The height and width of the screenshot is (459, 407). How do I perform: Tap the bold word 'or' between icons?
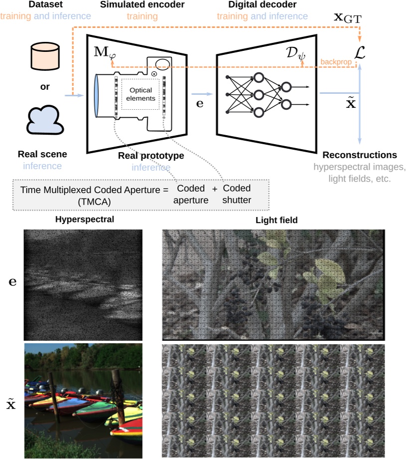point(45,87)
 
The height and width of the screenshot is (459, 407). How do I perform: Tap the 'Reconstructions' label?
point(360,155)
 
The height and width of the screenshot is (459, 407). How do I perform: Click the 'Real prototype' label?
point(151,156)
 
